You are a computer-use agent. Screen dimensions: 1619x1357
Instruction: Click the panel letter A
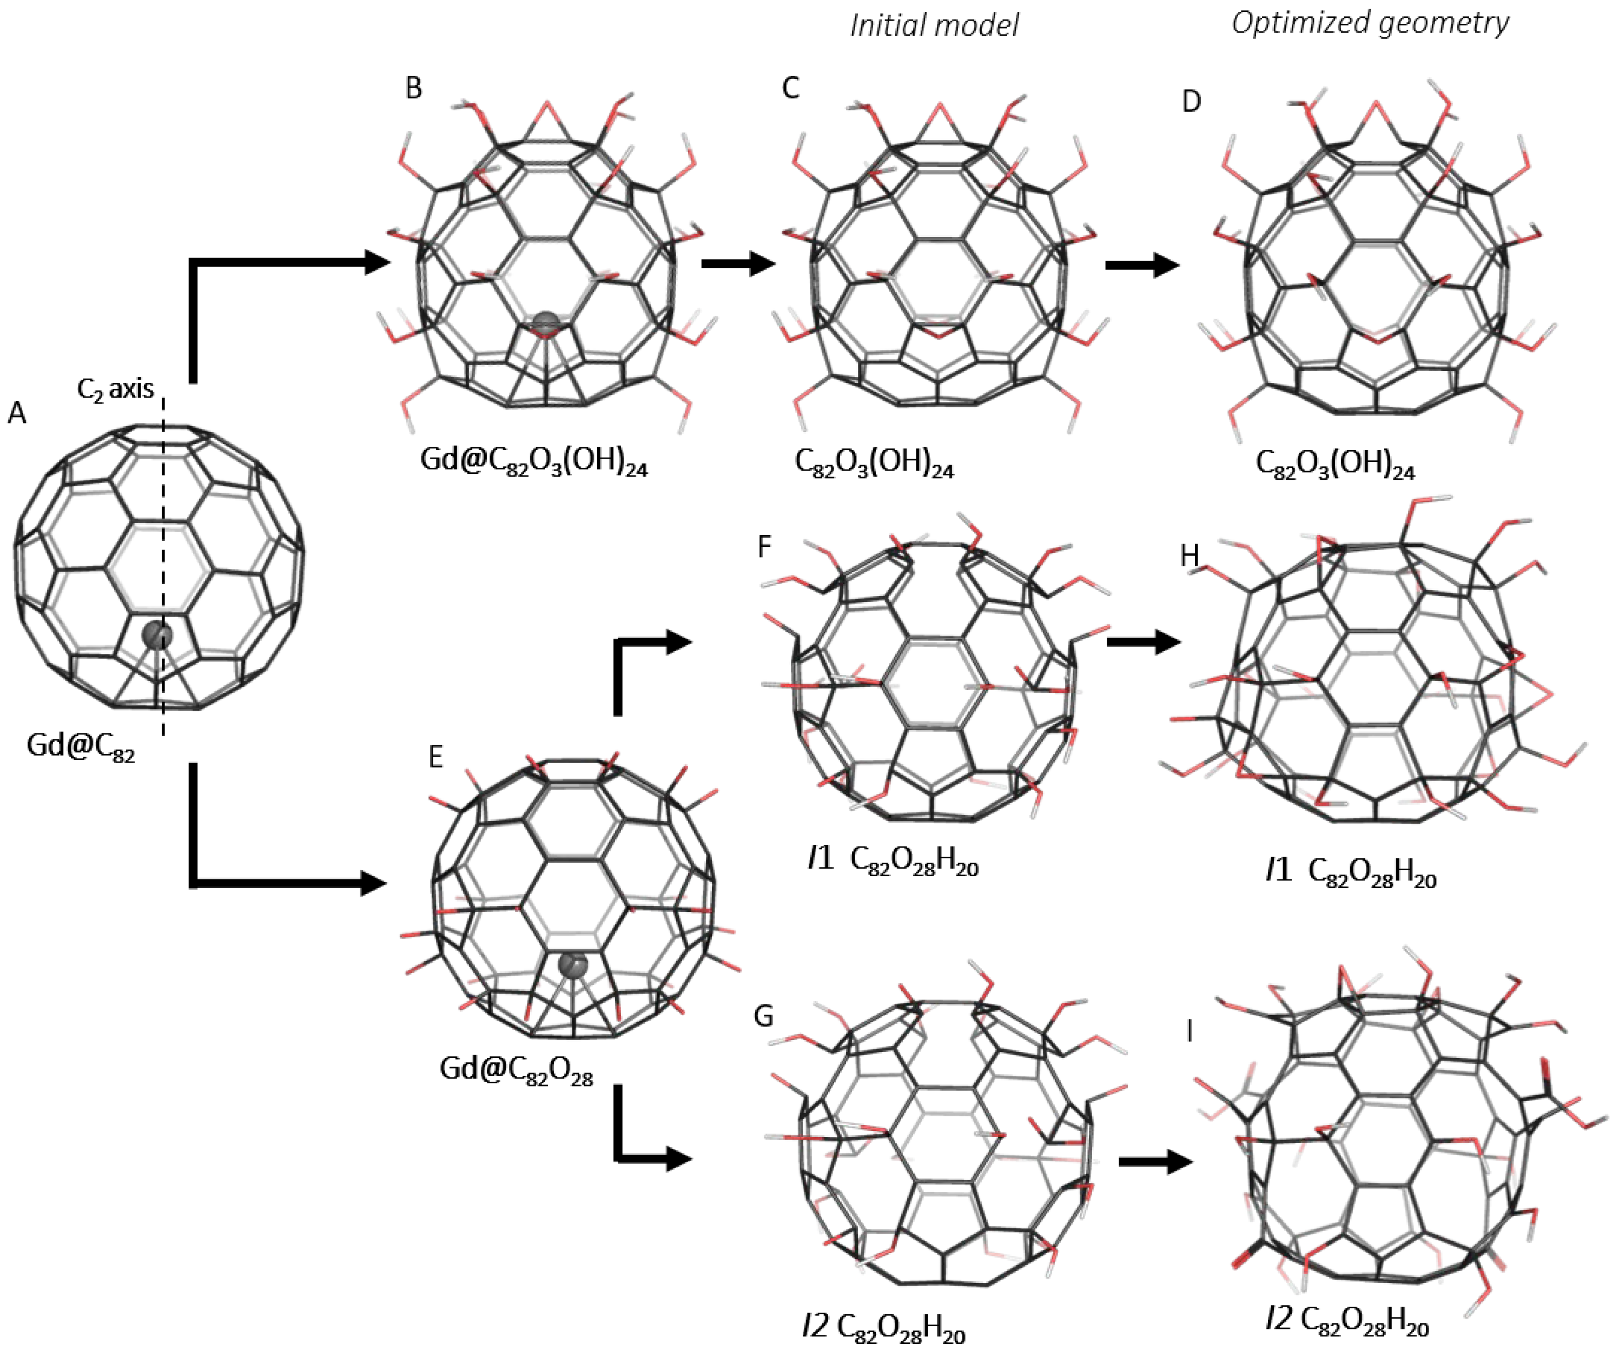coord(17,414)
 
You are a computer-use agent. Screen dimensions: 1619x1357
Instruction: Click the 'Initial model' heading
coord(934,25)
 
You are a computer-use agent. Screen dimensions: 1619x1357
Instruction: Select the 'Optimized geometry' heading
coord(1369,23)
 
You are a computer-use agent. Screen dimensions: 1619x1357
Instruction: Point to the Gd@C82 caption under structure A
coord(81,746)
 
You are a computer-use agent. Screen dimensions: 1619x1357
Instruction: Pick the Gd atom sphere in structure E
coord(573,964)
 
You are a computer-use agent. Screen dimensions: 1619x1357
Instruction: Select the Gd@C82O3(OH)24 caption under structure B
coord(533,462)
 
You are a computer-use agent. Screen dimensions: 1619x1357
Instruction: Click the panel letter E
coord(435,757)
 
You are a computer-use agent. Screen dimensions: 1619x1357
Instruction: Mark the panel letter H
coord(1190,555)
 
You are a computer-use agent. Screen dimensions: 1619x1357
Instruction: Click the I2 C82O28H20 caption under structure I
coord(1347,1320)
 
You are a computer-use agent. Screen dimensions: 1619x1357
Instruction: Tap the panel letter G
coord(763,1016)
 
